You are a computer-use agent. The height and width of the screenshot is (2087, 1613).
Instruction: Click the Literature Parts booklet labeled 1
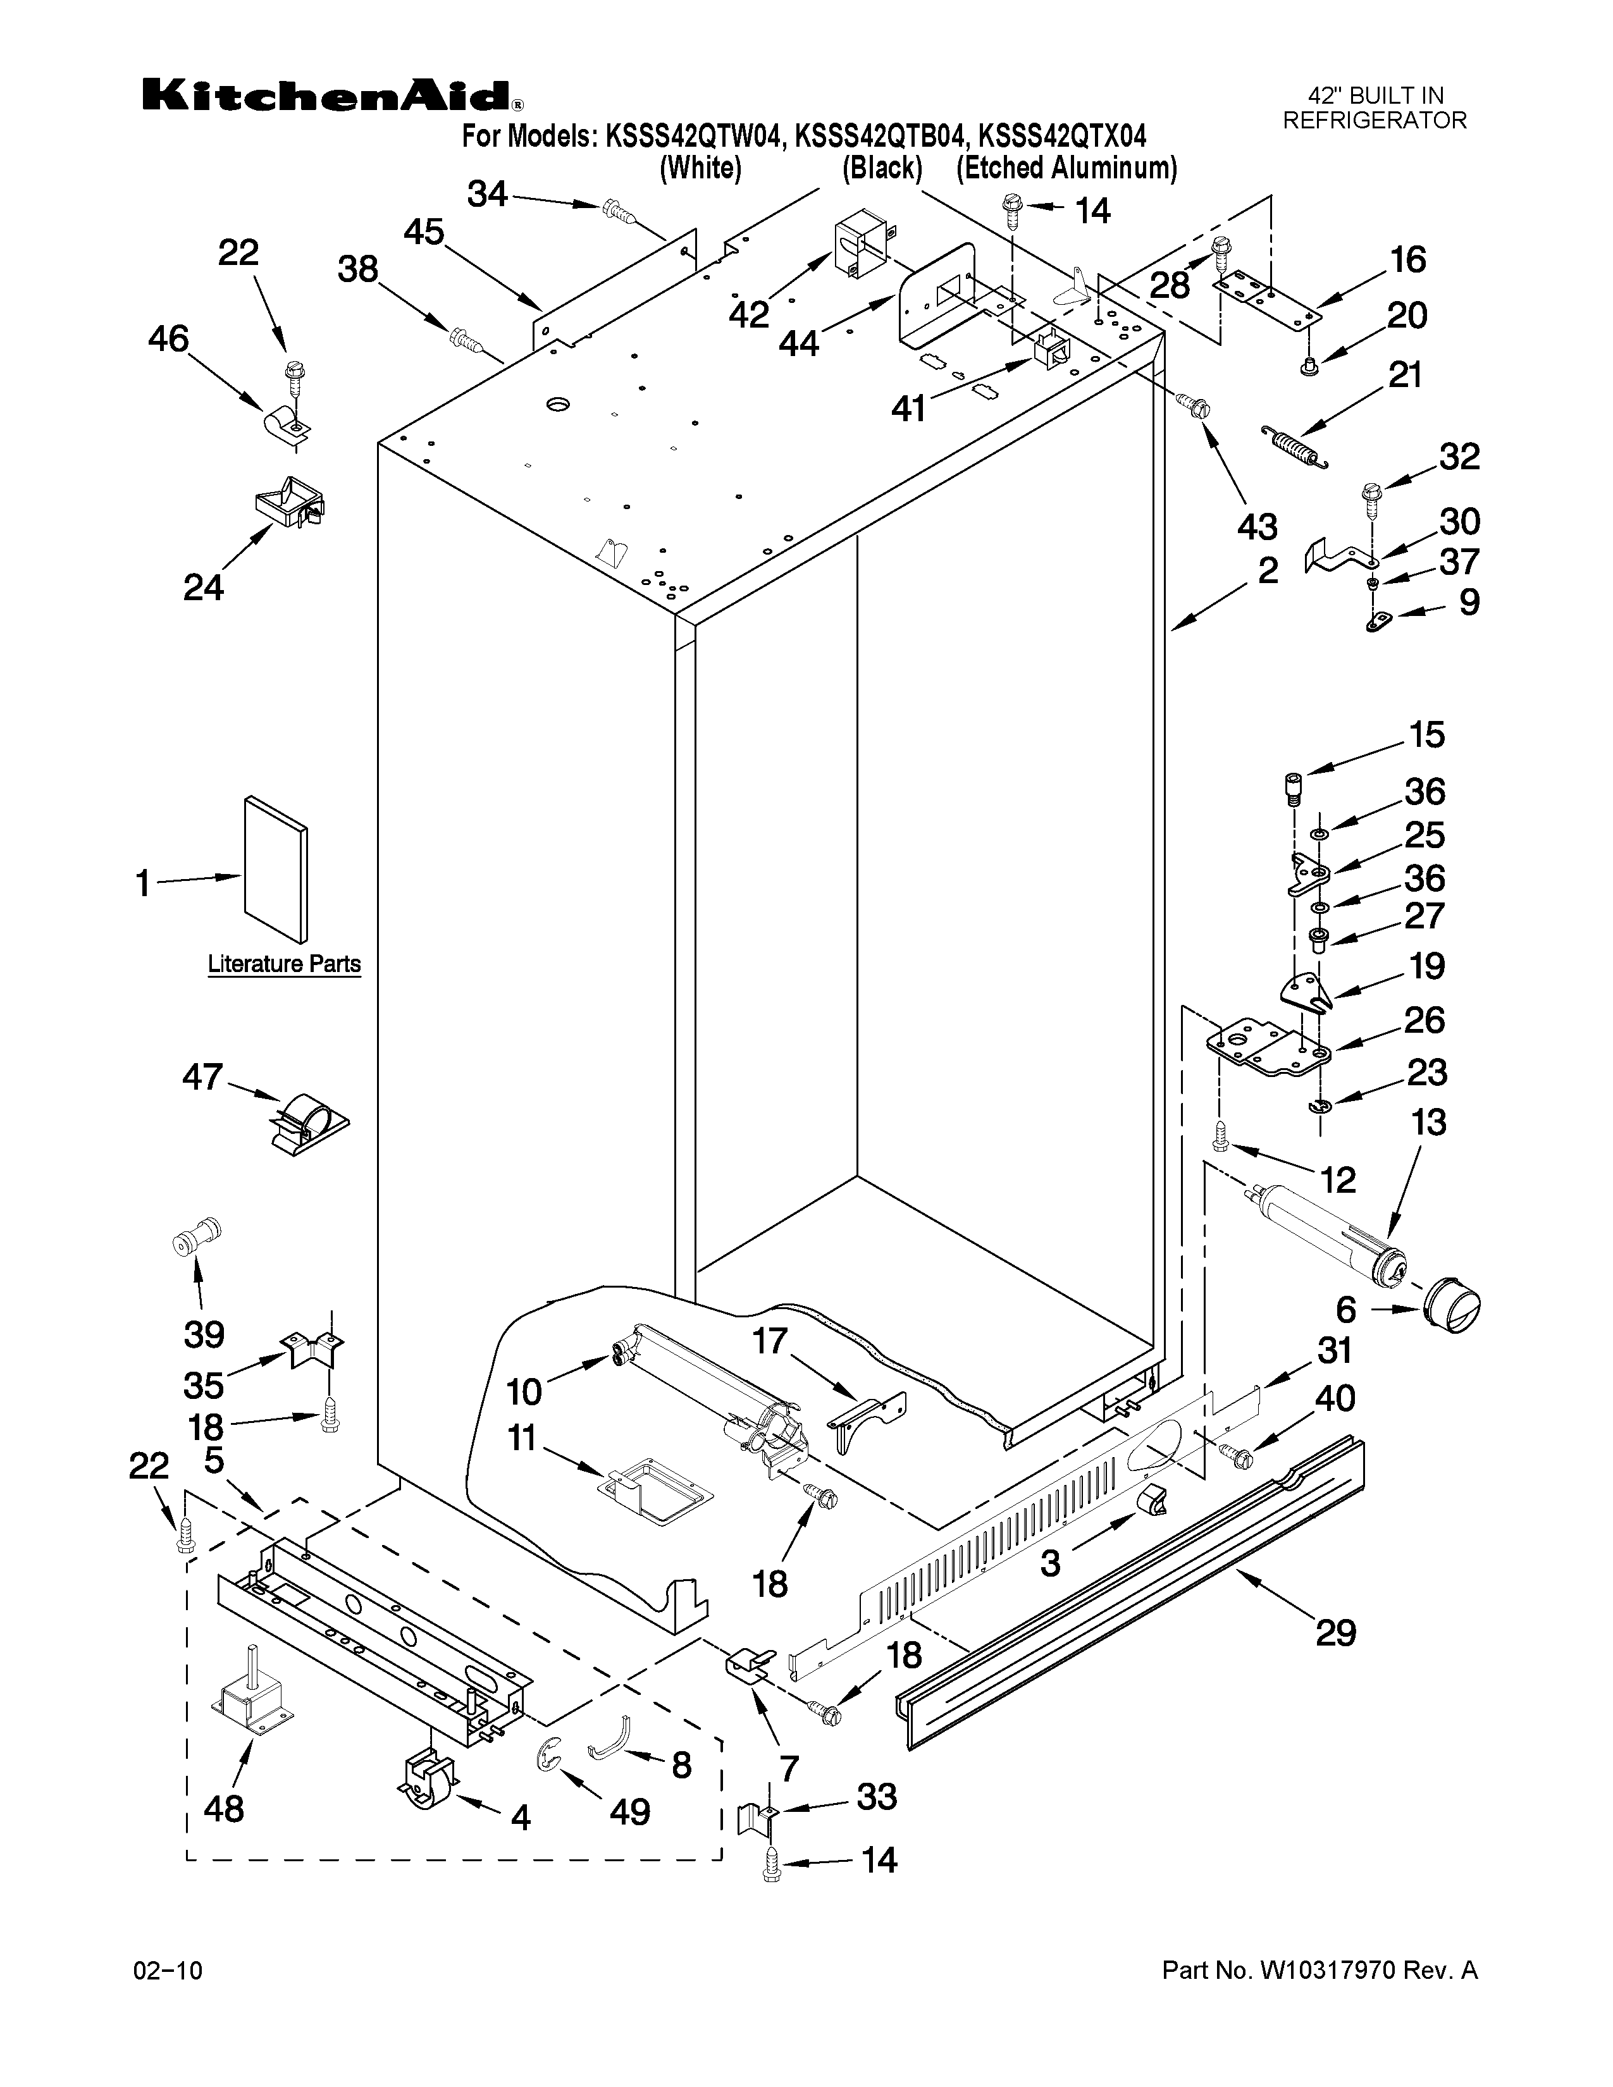click(275, 870)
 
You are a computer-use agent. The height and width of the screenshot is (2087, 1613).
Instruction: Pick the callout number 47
click(202, 1078)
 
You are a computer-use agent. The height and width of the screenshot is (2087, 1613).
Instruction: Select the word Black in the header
click(882, 168)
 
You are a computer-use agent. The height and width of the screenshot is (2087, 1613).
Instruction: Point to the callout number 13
click(1428, 1122)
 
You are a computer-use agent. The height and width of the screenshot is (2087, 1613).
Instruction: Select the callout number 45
click(423, 231)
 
